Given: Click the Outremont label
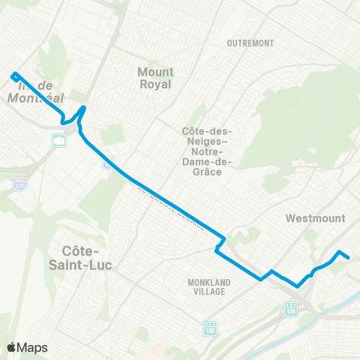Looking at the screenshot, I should [251, 43].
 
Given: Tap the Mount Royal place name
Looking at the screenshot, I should [155, 78].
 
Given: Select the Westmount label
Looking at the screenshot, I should [315, 219].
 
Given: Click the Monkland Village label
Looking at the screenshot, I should [206, 286].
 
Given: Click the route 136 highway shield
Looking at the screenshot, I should [291, 307].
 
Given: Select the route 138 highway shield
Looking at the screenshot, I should [210, 328].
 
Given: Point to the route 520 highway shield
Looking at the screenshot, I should [20, 182].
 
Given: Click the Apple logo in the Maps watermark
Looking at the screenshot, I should [12, 347].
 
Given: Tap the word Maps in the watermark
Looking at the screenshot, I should [33, 347].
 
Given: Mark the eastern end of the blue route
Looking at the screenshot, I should [349, 257].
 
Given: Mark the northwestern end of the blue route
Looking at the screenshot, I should [13, 74].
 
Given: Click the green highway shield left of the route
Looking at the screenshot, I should [58, 139].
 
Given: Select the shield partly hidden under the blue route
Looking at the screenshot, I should [109, 160].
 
